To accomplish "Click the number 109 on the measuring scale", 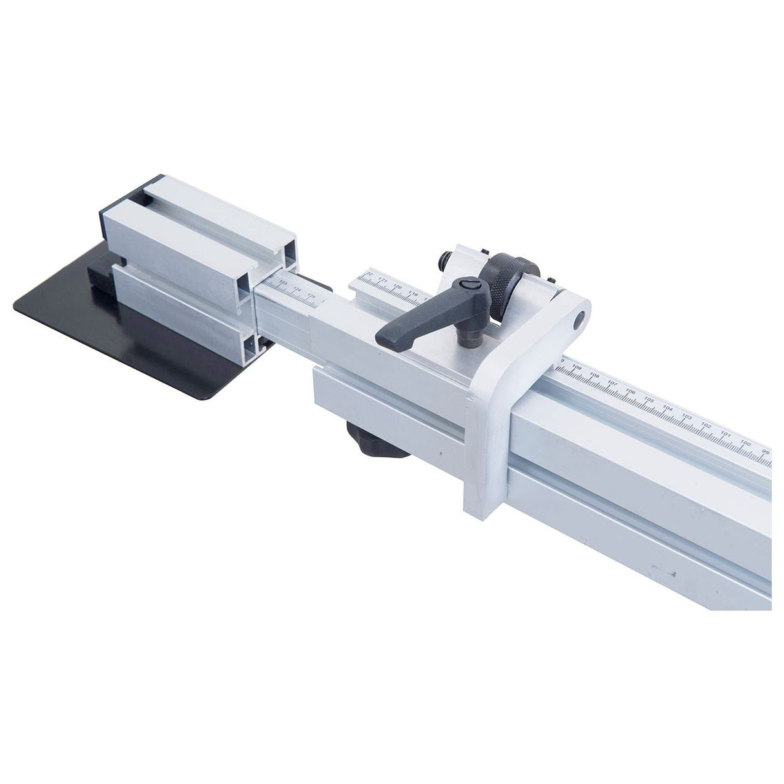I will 577,368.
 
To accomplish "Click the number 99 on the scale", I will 765,451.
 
